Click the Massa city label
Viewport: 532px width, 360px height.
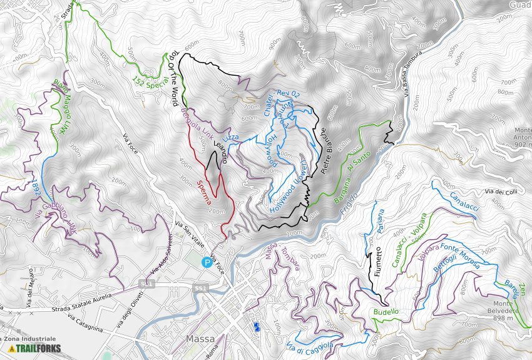click(201, 339)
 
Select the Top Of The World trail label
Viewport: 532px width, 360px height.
click(173, 78)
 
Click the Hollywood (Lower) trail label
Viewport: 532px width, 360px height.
click(287, 187)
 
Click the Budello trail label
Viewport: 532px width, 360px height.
click(386, 311)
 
